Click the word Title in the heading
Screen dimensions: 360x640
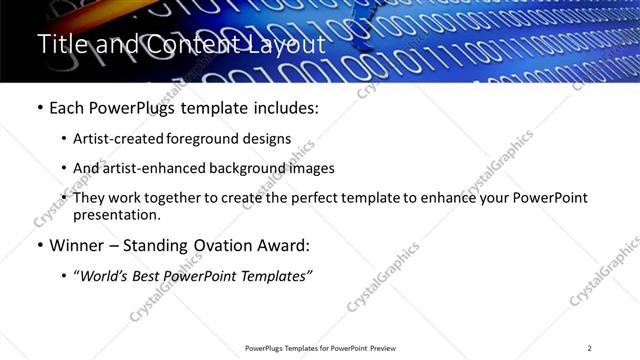coord(59,44)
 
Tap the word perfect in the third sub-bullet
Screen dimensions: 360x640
coord(327,198)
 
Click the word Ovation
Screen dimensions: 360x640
coord(227,245)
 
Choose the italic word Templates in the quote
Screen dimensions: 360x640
coord(276,276)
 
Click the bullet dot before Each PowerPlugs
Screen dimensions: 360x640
coord(39,107)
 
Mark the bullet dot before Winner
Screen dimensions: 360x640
coord(39,246)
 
